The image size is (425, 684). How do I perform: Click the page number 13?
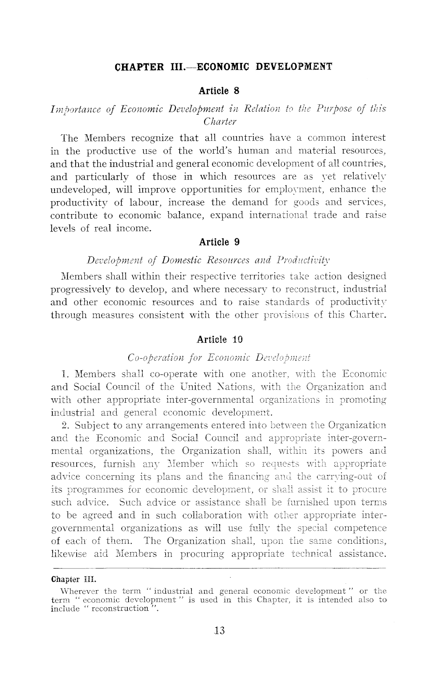pyautogui.click(x=219, y=630)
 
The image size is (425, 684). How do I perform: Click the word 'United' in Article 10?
pyautogui.click(x=195, y=387)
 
